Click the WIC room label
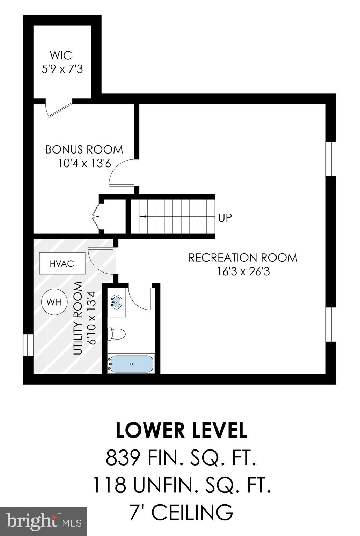(61, 55)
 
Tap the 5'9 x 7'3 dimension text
(62, 69)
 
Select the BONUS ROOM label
(84, 149)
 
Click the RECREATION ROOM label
(243, 258)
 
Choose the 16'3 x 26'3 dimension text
(243, 271)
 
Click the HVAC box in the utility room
(62, 263)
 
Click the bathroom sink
(116, 301)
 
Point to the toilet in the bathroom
(116, 334)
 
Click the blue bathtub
(131, 364)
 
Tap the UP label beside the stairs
(225, 218)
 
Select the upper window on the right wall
(330, 159)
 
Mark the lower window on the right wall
(330, 324)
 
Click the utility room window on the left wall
(28, 345)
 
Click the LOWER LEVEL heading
(181, 430)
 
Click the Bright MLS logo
(44, 521)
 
